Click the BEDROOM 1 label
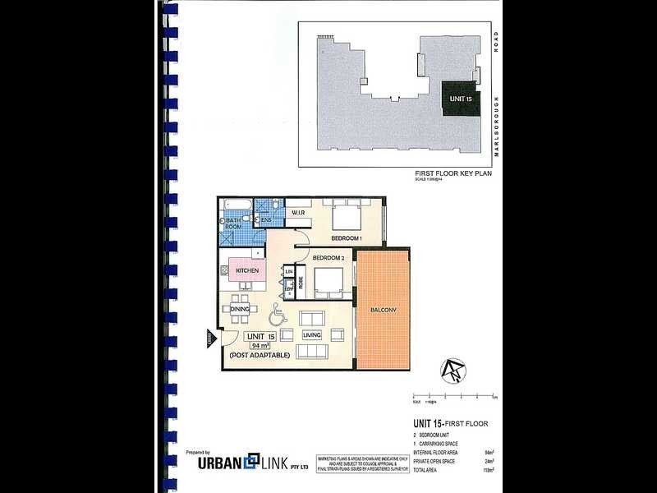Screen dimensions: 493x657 (x=347, y=238)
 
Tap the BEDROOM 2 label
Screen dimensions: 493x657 (x=327, y=258)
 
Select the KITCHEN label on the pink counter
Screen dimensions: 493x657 (x=247, y=270)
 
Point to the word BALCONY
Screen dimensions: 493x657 (x=384, y=310)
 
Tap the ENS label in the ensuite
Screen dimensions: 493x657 (x=266, y=220)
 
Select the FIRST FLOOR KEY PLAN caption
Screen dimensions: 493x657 (x=453, y=175)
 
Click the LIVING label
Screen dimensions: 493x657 (x=311, y=335)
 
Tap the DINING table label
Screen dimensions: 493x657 (x=240, y=309)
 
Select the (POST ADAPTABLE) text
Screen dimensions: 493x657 (x=259, y=356)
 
